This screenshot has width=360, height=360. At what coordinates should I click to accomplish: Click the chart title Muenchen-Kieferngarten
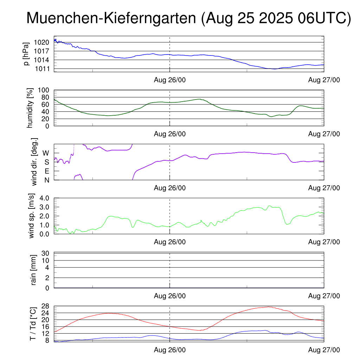click(188, 18)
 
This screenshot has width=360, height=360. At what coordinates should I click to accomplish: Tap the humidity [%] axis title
click(30, 108)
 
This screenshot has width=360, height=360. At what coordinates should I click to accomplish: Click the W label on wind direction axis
click(46, 153)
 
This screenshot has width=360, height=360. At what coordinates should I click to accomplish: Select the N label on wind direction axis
click(46, 180)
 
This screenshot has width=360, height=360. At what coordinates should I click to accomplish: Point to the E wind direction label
click(46, 171)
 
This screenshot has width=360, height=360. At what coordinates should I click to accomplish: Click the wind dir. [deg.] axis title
click(34, 162)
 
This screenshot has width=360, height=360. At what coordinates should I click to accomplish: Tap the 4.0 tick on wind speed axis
click(44, 198)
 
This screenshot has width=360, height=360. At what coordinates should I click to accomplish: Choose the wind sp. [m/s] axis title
click(32, 216)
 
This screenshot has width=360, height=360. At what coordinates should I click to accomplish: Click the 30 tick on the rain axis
click(45, 253)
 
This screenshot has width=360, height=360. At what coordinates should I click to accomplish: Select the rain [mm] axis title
click(34, 270)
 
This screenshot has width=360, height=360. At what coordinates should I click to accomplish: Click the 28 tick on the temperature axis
click(45, 306)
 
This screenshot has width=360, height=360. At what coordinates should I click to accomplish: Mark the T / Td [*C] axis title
click(32, 324)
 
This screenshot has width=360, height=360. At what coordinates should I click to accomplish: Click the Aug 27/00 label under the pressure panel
click(324, 80)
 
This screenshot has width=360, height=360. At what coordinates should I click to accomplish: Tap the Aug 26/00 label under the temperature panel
click(170, 350)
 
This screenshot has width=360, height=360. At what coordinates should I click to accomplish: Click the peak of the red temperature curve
click(269, 307)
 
